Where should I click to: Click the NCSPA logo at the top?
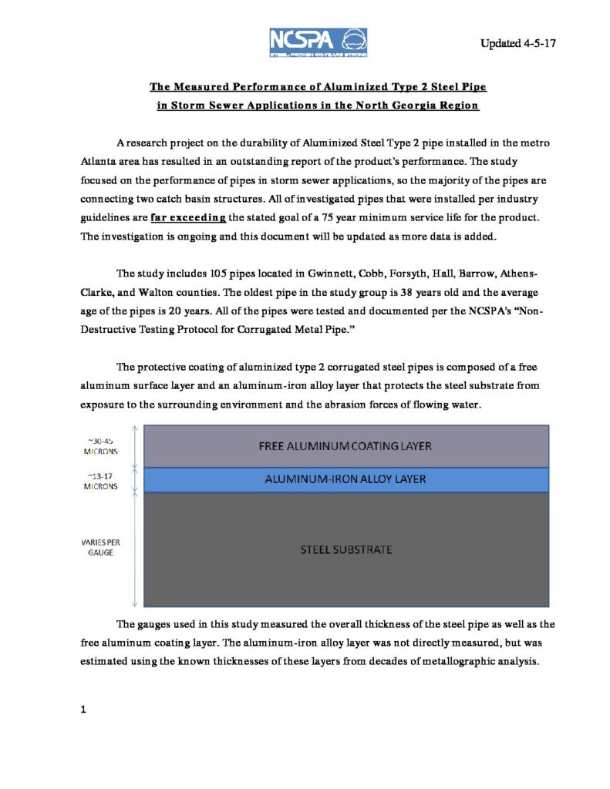point(318,42)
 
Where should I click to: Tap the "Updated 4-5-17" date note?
point(517,43)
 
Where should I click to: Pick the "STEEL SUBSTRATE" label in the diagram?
point(345,549)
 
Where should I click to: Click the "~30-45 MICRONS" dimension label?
point(101,447)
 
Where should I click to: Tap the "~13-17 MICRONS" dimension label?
point(101,481)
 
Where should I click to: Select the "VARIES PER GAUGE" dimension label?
point(101,547)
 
